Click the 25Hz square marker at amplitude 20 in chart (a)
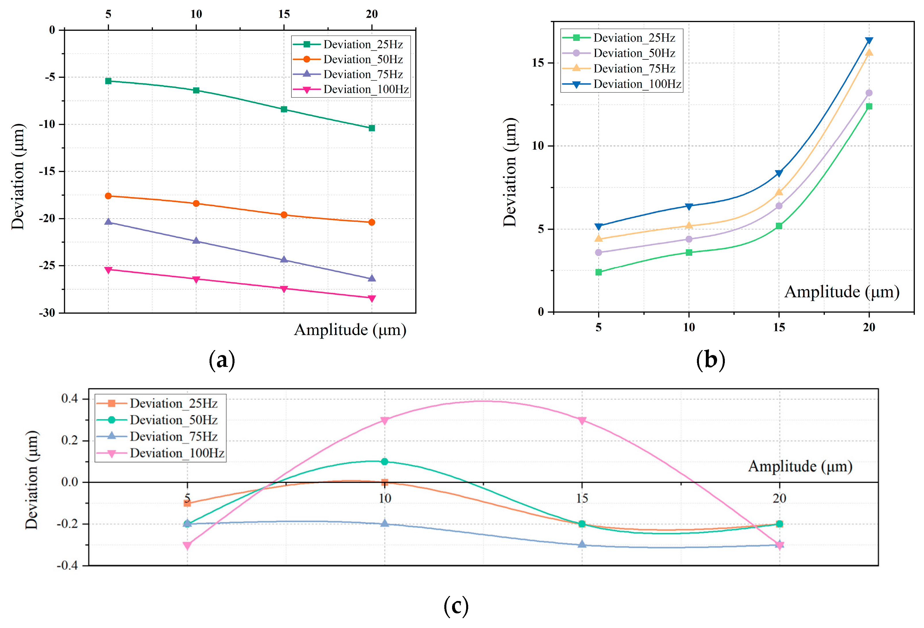(371, 128)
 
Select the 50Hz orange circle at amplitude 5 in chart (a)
(108, 196)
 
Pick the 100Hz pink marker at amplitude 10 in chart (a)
(196, 280)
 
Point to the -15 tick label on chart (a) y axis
(47, 171)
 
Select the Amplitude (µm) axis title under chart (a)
(350, 330)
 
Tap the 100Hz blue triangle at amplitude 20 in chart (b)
(869, 41)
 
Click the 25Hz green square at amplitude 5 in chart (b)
(598, 272)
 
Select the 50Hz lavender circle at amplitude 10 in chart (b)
(689, 239)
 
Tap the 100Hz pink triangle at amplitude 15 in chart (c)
(582, 421)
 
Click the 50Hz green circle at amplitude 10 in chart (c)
(385, 461)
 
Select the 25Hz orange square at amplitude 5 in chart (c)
(187, 503)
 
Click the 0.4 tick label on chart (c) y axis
(69, 399)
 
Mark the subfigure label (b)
(710, 360)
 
